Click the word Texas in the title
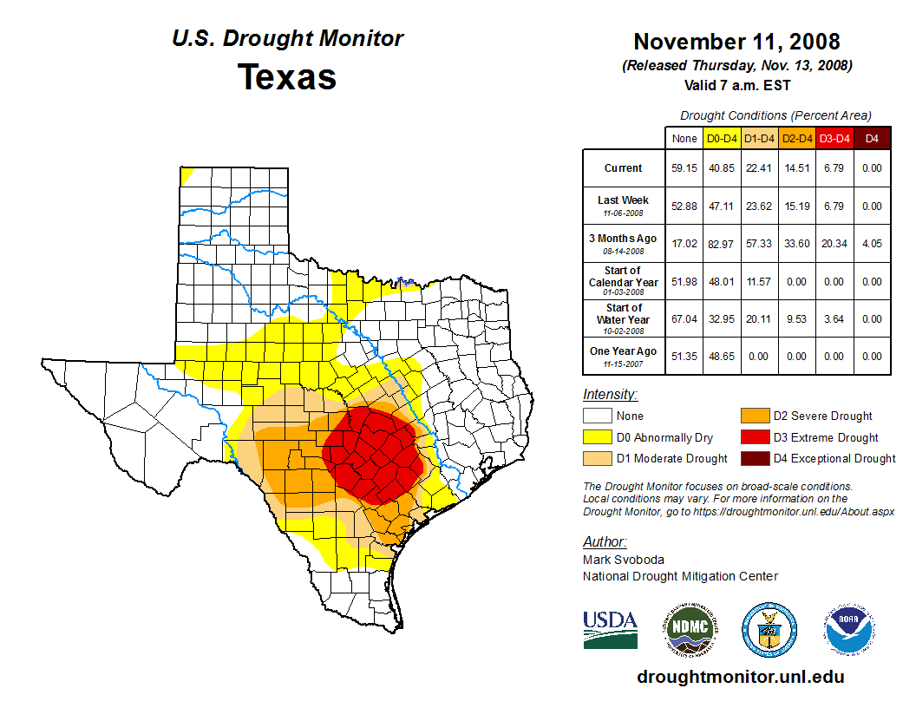click(x=287, y=76)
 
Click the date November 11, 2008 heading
click(x=736, y=42)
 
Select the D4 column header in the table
click(x=872, y=138)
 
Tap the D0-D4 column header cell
click(x=722, y=138)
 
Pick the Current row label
click(x=624, y=168)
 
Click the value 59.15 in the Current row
click(x=684, y=168)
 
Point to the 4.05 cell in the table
click(x=872, y=244)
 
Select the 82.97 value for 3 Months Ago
click(x=722, y=244)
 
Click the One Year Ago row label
click(x=624, y=351)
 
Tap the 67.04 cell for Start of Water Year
click(x=684, y=319)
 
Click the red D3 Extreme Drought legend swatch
click(x=753, y=437)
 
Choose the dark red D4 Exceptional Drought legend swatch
click(x=753, y=458)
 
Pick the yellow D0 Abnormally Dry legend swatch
click(x=597, y=437)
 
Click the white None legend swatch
click(x=597, y=416)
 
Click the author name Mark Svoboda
click(x=622, y=560)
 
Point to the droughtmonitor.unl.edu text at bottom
click(x=740, y=677)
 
